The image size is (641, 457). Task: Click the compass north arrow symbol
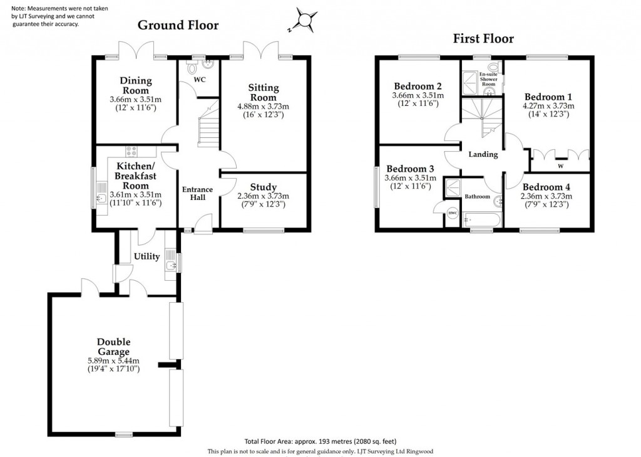(x=304, y=19)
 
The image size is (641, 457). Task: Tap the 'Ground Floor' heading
(x=178, y=25)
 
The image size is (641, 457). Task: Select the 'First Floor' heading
(x=483, y=39)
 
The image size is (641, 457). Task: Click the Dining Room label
(x=136, y=85)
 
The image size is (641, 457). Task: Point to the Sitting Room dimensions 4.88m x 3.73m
(x=263, y=106)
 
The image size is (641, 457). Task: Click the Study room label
(x=263, y=187)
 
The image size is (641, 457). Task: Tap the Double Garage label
(x=113, y=347)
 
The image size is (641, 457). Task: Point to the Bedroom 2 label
(x=418, y=87)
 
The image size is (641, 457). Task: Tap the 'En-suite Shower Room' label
(x=488, y=79)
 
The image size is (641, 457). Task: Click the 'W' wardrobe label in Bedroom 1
(x=560, y=167)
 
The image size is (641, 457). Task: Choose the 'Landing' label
(x=483, y=154)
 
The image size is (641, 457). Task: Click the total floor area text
(x=320, y=441)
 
